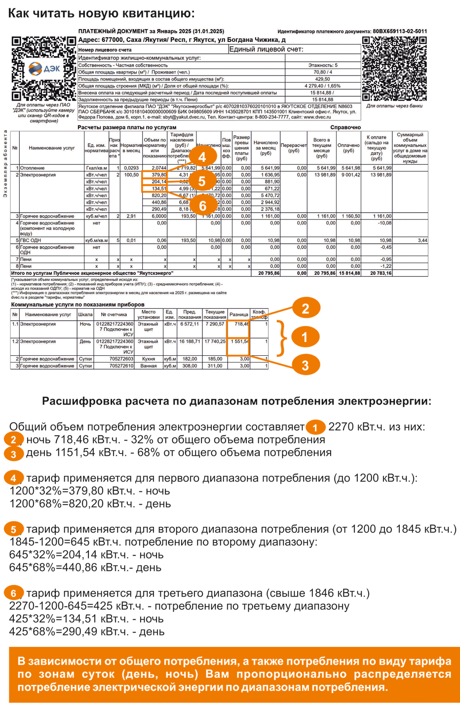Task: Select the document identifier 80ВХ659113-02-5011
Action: pos(400,31)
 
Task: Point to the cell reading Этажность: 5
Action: pos(323,65)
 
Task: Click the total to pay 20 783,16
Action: pos(381,273)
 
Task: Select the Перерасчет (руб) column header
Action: pos(294,148)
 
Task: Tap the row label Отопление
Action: pos(32,168)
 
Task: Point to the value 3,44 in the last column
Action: pos(422,240)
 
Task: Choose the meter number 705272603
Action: pos(114,359)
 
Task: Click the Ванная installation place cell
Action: pos(148,366)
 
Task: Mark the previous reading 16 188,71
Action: pos(190,341)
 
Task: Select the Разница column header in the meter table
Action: pos(239,314)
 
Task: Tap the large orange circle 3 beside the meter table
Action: pos(305,365)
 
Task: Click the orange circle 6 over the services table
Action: pos(202,205)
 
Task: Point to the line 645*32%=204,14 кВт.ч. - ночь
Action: pos(86,555)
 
